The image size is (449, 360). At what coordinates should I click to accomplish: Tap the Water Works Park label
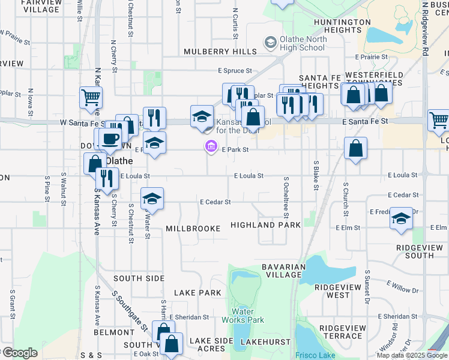[x=247, y=316]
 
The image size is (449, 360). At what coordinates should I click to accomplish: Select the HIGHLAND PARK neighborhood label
[x=265, y=226]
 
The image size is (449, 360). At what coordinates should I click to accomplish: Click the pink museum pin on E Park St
[x=211, y=146]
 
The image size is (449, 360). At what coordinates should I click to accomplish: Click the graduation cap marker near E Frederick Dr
[x=400, y=219]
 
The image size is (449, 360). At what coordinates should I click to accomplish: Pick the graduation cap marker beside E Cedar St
[x=152, y=199]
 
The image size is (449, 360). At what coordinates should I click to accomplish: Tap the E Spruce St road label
[x=234, y=71]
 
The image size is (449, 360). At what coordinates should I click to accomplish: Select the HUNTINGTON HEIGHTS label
[x=342, y=26]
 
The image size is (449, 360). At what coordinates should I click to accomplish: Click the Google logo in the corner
[x=20, y=353]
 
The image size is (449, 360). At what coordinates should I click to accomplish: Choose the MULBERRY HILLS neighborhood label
[x=211, y=52]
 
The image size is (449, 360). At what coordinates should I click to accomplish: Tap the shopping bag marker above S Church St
[x=355, y=148]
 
